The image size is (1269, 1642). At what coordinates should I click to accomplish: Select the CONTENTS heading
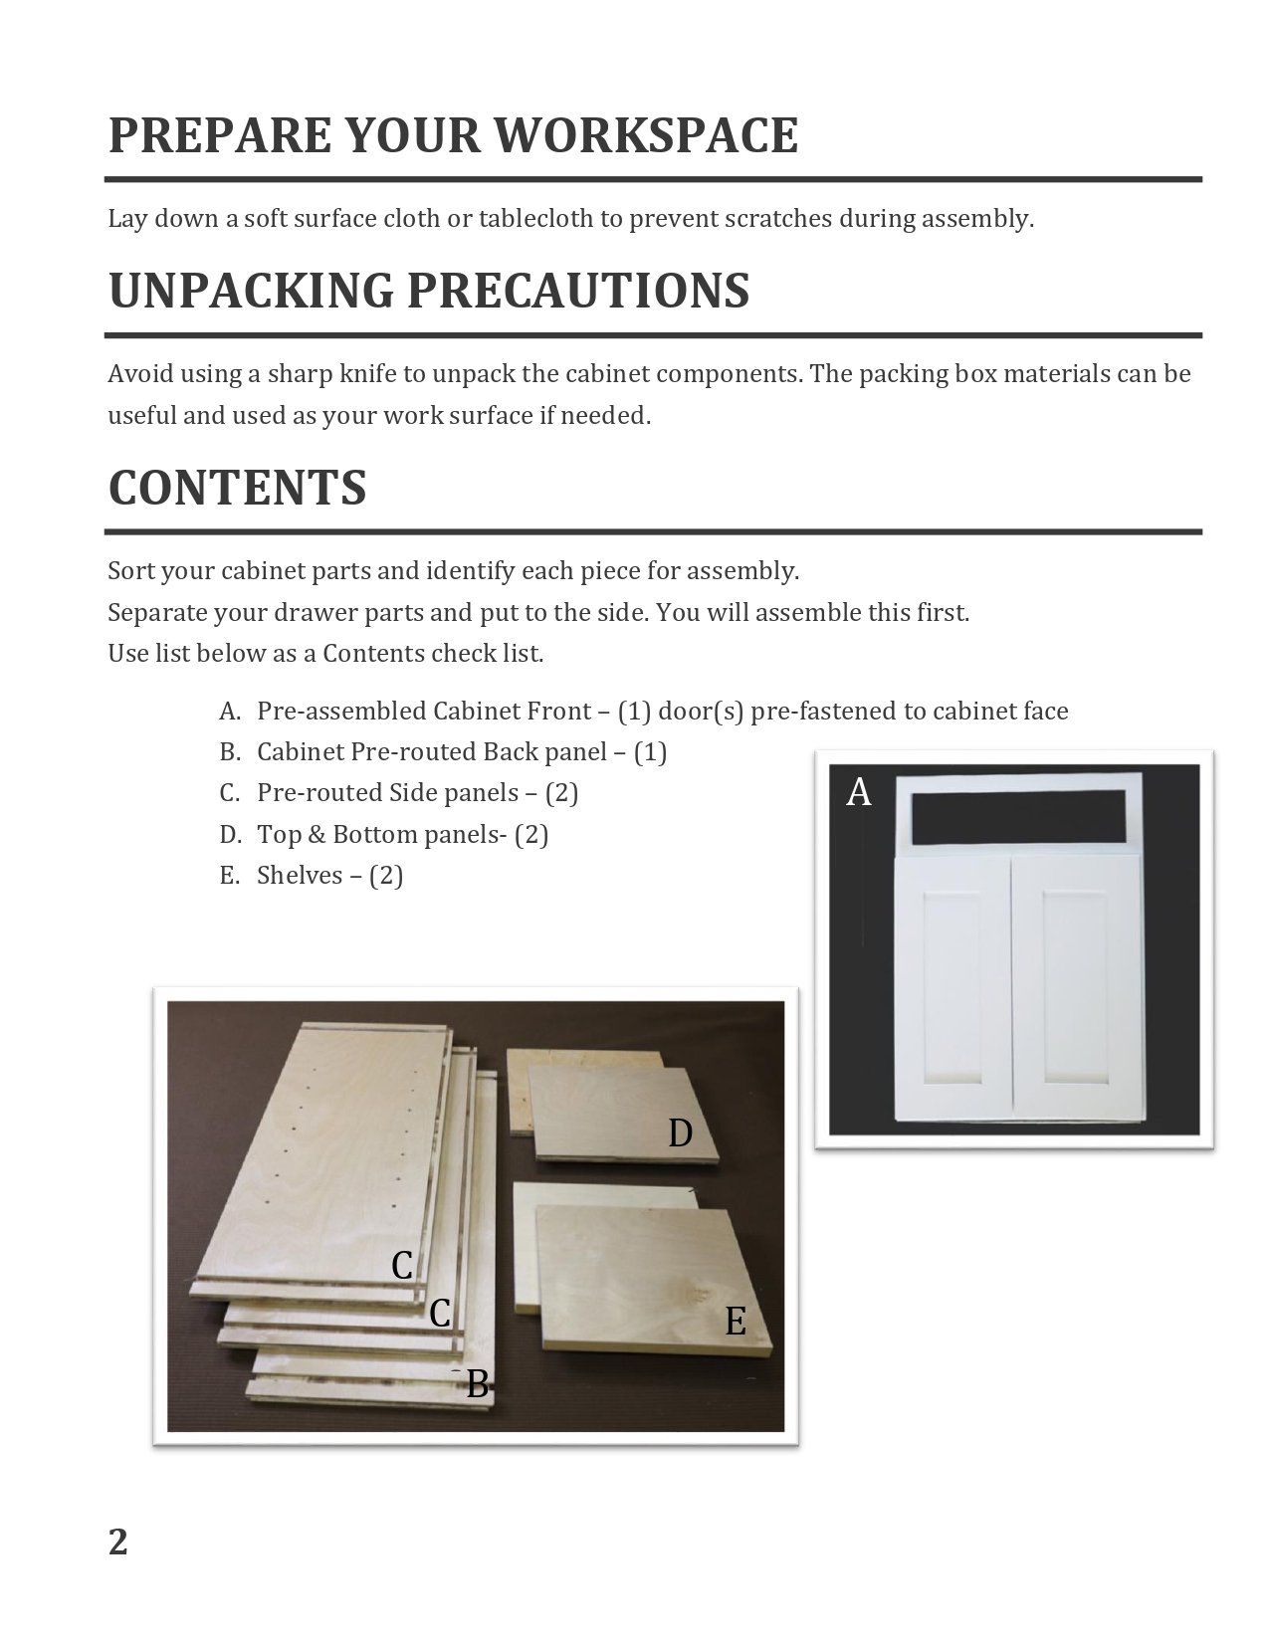(x=237, y=488)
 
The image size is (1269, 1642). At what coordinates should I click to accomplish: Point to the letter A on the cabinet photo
(x=858, y=793)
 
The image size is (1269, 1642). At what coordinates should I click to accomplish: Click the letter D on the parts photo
(x=680, y=1132)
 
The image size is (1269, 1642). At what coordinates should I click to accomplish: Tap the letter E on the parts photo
(x=735, y=1322)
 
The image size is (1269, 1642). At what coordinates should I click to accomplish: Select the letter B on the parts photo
(x=478, y=1384)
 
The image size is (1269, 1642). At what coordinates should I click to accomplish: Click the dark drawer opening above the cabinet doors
(x=1019, y=814)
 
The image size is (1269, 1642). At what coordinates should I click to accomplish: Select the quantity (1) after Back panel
(x=650, y=752)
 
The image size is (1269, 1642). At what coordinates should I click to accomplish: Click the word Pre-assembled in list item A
(x=341, y=712)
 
